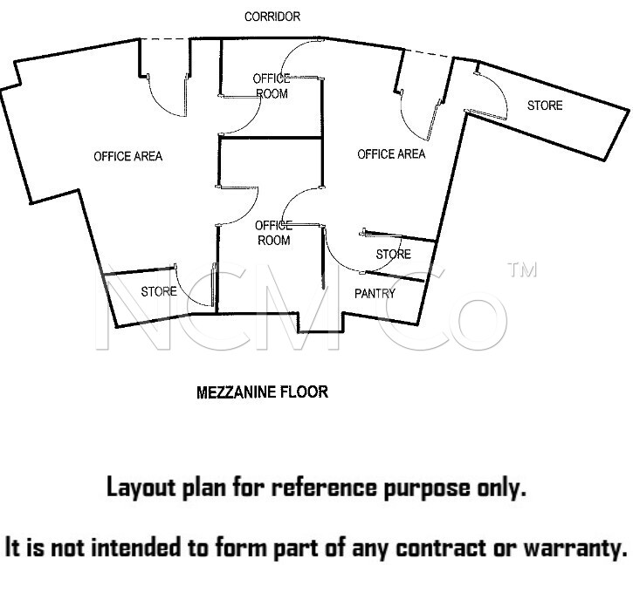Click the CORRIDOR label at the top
pos(272,17)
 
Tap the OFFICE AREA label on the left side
pos(128,156)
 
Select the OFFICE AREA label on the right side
pos(391,153)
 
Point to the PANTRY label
pos(375,293)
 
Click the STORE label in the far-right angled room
pos(545,106)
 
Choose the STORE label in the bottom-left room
pos(159,291)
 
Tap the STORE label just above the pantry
pos(393,254)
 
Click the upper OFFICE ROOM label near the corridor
pos(272,86)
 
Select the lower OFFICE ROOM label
pos(273,233)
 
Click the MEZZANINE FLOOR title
pos(263,392)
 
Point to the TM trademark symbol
pos(522,269)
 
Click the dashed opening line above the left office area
pos(165,38)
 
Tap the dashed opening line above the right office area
pos(429,54)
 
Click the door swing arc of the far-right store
pos(500,90)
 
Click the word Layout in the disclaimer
pos(141,487)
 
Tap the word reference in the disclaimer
pos(324,487)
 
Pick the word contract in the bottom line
pos(440,548)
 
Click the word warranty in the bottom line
pos(575,548)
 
